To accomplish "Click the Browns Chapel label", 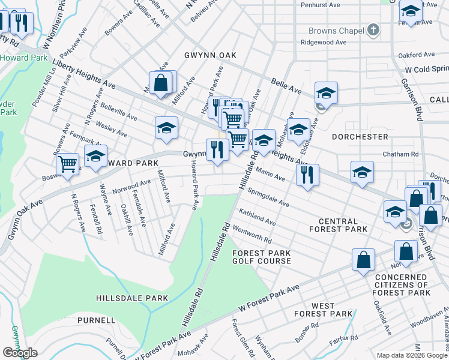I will click(x=336, y=31).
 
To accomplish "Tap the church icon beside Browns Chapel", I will click(x=373, y=30).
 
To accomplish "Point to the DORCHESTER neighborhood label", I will click(x=359, y=137).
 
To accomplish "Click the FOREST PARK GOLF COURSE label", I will click(x=262, y=257).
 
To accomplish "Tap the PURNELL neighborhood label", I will click(x=95, y=320).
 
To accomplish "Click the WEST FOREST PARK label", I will click(x=323, y=310).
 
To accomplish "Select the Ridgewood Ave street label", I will click(x=324, y=43).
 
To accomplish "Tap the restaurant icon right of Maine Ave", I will click(x=307, y=175).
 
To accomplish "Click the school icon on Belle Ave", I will click(x=326, y=92).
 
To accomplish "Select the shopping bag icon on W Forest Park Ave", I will click(x=363, y=260).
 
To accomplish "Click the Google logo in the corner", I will click(x=19, y=353).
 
